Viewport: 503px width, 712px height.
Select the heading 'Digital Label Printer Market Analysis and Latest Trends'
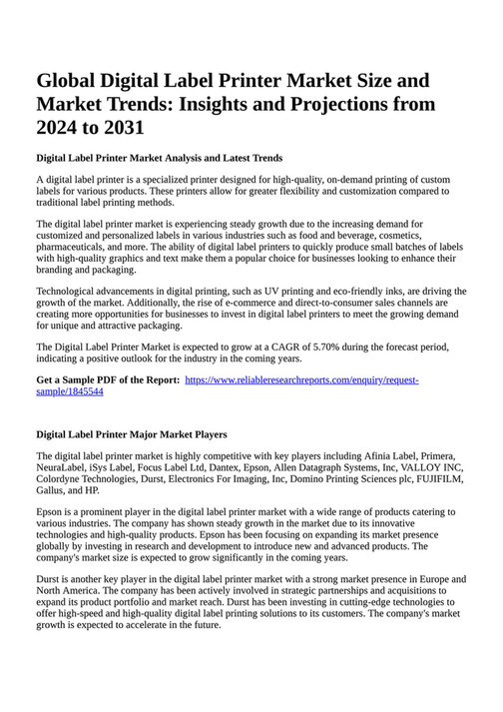(160, 158)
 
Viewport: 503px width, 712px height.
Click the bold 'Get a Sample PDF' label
(108, 380)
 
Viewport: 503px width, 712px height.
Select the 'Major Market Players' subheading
(132, 434)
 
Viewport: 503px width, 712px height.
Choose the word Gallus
(53, 490)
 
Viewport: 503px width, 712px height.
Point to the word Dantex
(223, 467)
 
